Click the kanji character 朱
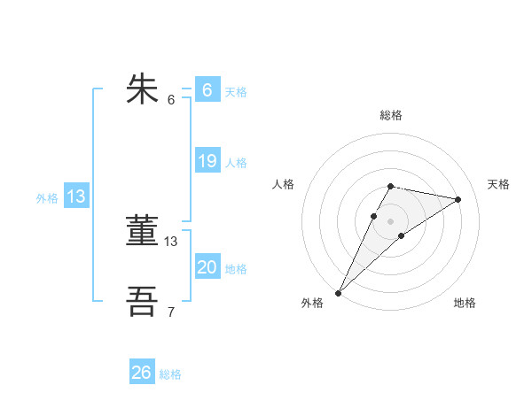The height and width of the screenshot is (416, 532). click(143, 90)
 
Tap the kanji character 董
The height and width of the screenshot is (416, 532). click(143, 232)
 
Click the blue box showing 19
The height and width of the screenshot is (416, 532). click(207, 161)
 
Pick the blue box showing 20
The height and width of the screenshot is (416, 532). click(207, 267)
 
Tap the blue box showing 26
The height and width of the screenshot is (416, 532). click(142, 373)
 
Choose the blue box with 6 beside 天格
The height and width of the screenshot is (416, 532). click(207, 90)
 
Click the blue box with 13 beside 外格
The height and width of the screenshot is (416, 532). click(76, 196)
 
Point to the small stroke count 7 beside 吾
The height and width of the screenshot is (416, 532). click(171, 312)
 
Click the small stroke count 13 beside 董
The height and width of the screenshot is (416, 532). click(171, 241)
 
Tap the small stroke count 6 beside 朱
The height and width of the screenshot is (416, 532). click(171, 99)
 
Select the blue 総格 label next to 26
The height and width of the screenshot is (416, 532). click(170, 374)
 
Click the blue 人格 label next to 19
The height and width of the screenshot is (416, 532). click(236, 163)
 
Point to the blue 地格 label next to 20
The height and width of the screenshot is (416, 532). click(236, 269)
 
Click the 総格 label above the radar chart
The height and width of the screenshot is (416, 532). click(391, 115)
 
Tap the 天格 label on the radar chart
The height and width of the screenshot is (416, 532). click(498, 184)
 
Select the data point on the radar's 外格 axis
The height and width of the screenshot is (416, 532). click(339, 292)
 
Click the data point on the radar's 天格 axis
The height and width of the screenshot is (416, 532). click(458, 199)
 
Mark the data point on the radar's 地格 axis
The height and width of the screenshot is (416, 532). click(402, 235)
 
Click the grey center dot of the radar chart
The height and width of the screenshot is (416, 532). click(391, 221)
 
